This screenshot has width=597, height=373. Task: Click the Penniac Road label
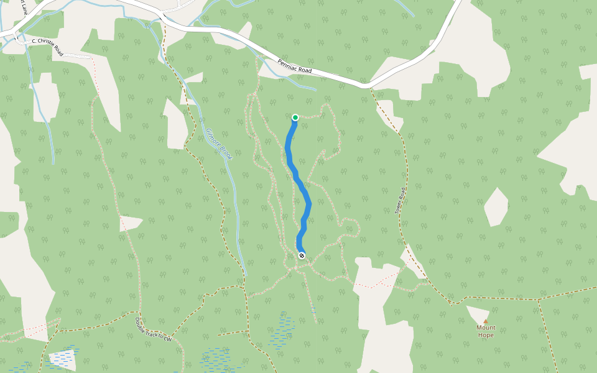(x=295, y=67)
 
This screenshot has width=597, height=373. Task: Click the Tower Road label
(x=400, y=201)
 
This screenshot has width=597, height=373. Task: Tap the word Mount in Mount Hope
(x=486, y=328)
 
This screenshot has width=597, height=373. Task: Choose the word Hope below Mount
(x=486, y=335)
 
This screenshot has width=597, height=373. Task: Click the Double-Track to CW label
(x=153, y=329)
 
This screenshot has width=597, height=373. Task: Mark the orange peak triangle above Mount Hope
(x=486, y=321)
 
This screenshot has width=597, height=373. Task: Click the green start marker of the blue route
(x=295, y=117)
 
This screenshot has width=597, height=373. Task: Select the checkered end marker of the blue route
(x=302, y=256)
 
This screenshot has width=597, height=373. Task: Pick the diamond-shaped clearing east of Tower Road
(x=496, y=207)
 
